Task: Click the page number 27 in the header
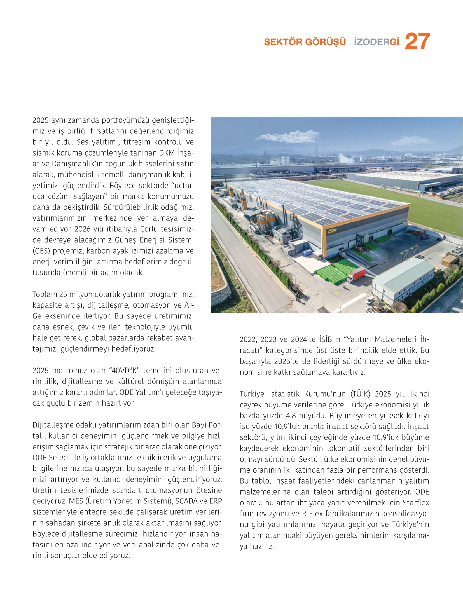point(417,42)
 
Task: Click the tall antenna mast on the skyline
point(316,143)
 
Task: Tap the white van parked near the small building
point(370,300)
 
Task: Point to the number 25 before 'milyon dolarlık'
point(63,294)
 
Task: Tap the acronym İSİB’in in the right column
point(330,339)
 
